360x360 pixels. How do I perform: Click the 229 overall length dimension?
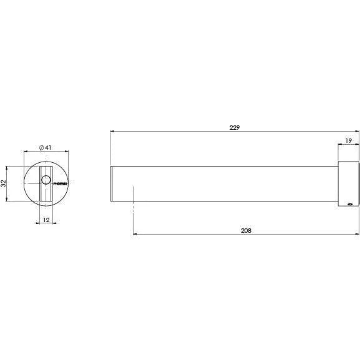tap(234, 127)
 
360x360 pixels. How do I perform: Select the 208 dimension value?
tap(246, 230)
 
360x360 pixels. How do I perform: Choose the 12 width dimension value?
tap(46, 219)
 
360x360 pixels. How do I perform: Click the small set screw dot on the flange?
tap(349, 203)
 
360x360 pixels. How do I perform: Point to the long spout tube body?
tap(225, 183)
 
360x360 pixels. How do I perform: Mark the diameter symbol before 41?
tap(41, 147)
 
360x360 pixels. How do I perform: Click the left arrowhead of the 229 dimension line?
tap(112, 132)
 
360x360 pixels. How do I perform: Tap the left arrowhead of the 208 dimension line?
tap(135, 235)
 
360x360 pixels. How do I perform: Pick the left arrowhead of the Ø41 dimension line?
tap(25, 152)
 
